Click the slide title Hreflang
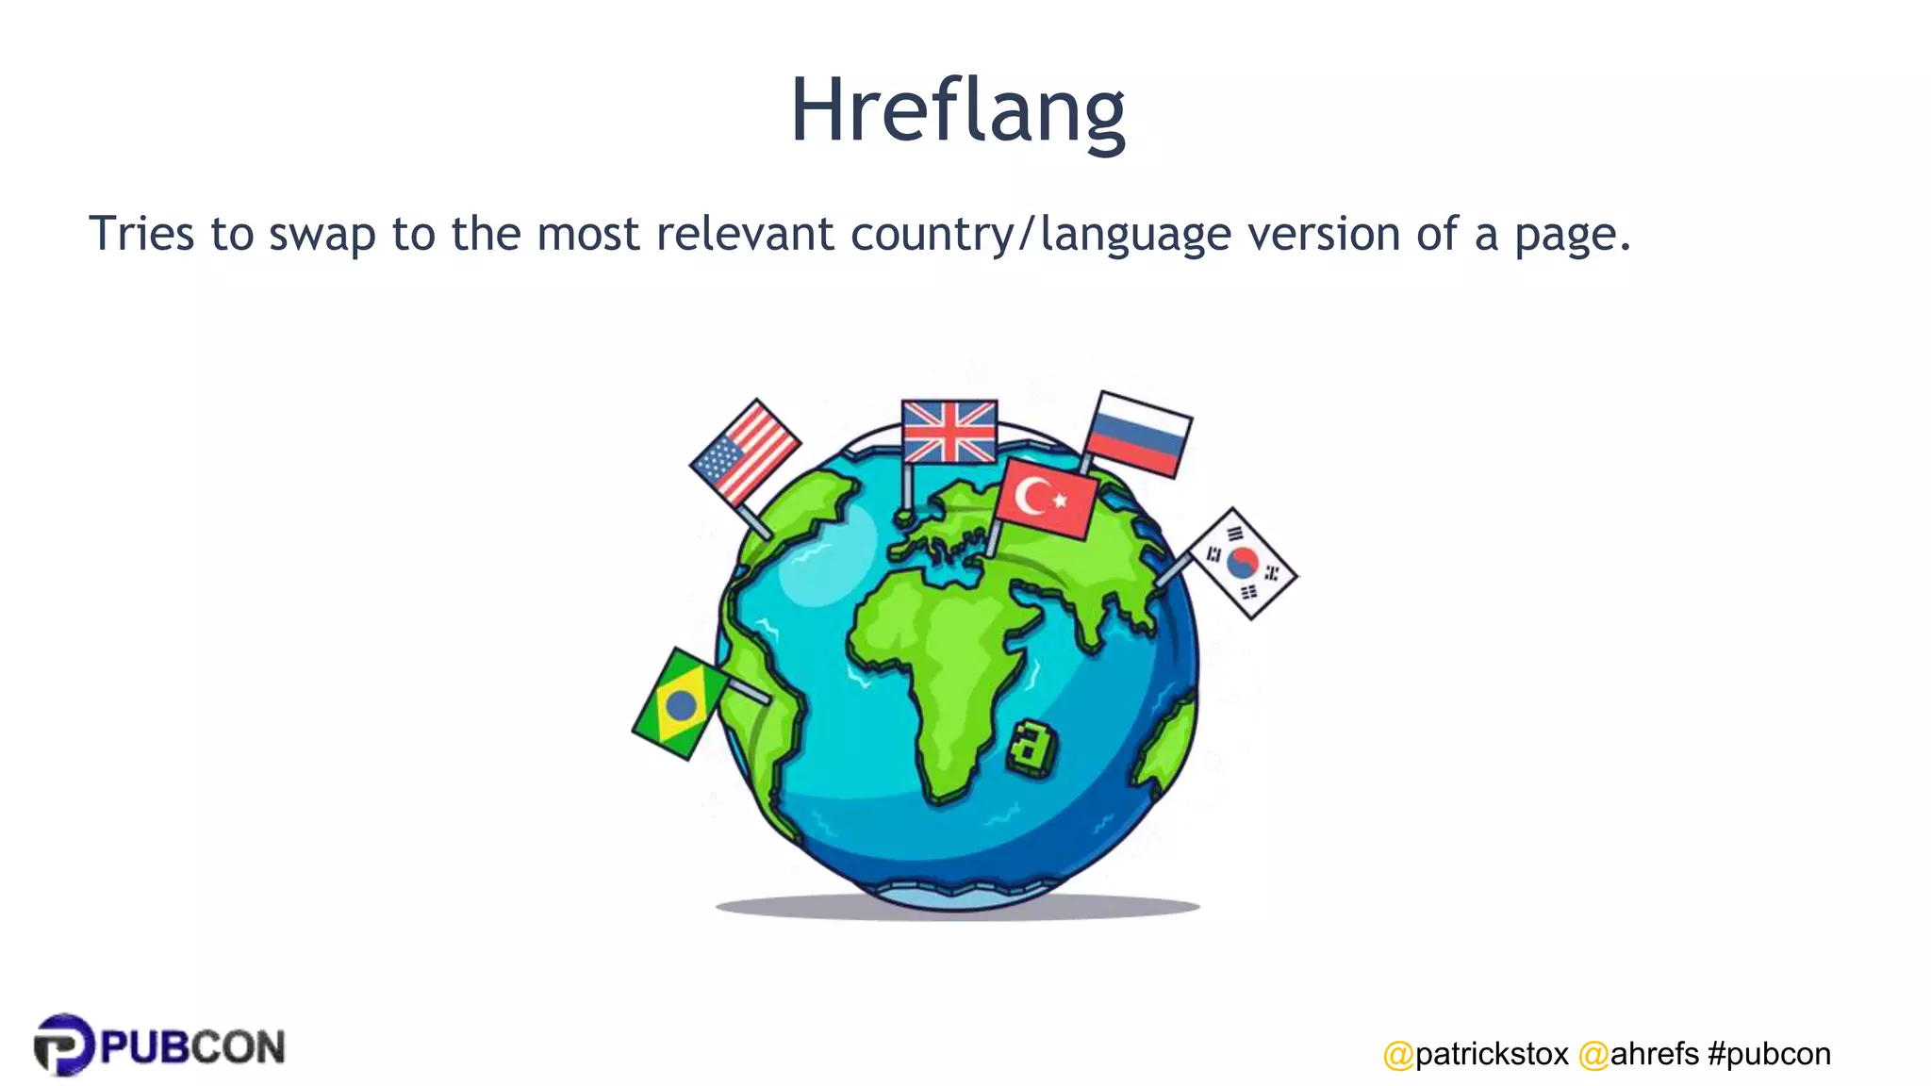point(957,111)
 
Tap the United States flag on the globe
point(745,452)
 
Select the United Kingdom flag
point(949,432)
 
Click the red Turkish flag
point(1047,498)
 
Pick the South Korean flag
point(1243,563)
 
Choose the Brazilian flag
point(679,703)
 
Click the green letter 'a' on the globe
point(1032,748)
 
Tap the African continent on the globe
point(933,660)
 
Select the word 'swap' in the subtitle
point(322,234)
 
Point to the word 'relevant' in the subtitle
point(745,234)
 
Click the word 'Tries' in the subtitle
point(141,234)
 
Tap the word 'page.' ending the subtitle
point(1572,236)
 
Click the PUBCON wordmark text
point(192,1047)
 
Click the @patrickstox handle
point(1476,1054)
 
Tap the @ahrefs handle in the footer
point(1639,1054)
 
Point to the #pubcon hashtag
point(1769,1054)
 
